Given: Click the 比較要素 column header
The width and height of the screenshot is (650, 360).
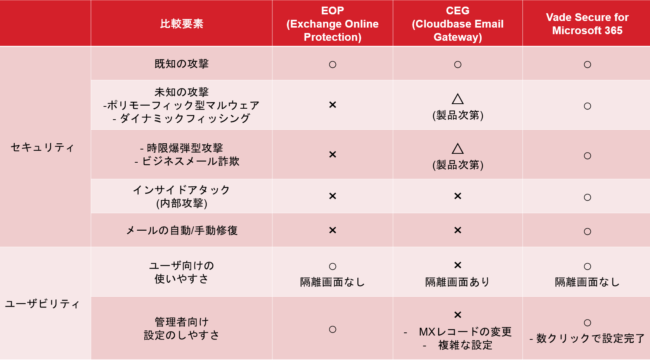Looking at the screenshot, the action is (182, 24).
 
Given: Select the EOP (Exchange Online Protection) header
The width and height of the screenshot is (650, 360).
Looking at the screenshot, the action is (333, 24).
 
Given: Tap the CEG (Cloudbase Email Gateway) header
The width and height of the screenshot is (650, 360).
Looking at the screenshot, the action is (458, 24).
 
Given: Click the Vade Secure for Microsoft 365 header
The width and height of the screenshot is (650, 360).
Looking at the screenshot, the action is (587, 24).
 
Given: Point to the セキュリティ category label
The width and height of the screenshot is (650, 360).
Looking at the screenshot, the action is (43, 147).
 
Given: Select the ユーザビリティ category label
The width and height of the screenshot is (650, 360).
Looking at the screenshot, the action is (43, 304).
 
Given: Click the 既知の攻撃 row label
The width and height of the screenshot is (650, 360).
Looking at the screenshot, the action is (182, 64).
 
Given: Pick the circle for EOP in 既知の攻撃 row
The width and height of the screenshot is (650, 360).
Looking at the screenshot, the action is (333, 64).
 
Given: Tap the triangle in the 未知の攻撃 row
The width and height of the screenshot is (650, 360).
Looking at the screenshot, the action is (458, 99).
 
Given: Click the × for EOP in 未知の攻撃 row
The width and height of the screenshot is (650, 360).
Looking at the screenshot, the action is (333, 105).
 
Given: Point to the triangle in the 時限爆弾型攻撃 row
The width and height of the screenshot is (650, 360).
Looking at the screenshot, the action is (458, 148).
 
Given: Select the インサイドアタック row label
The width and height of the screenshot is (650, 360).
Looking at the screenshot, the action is (182, 197).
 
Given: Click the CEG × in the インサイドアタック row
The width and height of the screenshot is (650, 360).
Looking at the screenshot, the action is (458, 196).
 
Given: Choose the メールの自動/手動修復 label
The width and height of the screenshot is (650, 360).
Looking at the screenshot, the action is (182, 231).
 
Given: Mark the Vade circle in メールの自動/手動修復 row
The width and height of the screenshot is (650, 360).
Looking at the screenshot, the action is (587, 231).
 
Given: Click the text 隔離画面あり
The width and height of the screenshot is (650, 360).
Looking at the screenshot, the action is (458, 282).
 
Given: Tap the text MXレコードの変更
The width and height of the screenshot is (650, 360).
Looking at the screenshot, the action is (465, 332).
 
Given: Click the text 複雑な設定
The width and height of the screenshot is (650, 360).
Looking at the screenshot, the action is (465, 345).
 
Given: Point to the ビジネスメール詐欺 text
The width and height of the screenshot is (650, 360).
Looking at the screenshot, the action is (191, 161).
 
